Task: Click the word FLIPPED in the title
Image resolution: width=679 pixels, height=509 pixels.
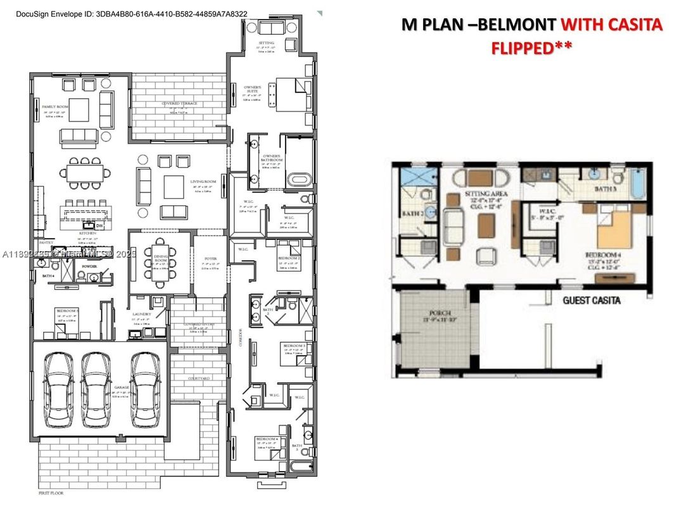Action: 520,47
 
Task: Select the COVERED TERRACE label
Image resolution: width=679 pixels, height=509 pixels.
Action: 179,103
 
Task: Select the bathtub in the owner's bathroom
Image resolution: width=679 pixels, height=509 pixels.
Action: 298,180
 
